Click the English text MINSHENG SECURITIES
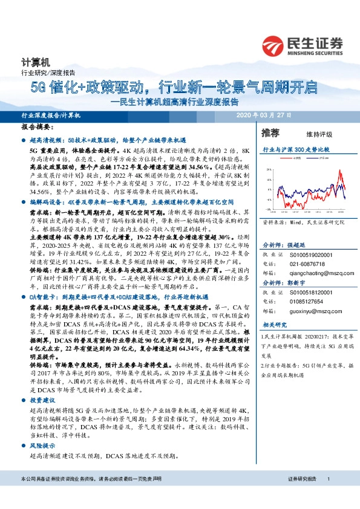[x=316, y=52]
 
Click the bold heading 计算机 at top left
[x=32, y=62]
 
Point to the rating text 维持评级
[x=311, y=134]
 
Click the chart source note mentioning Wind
[x=299, y=222]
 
